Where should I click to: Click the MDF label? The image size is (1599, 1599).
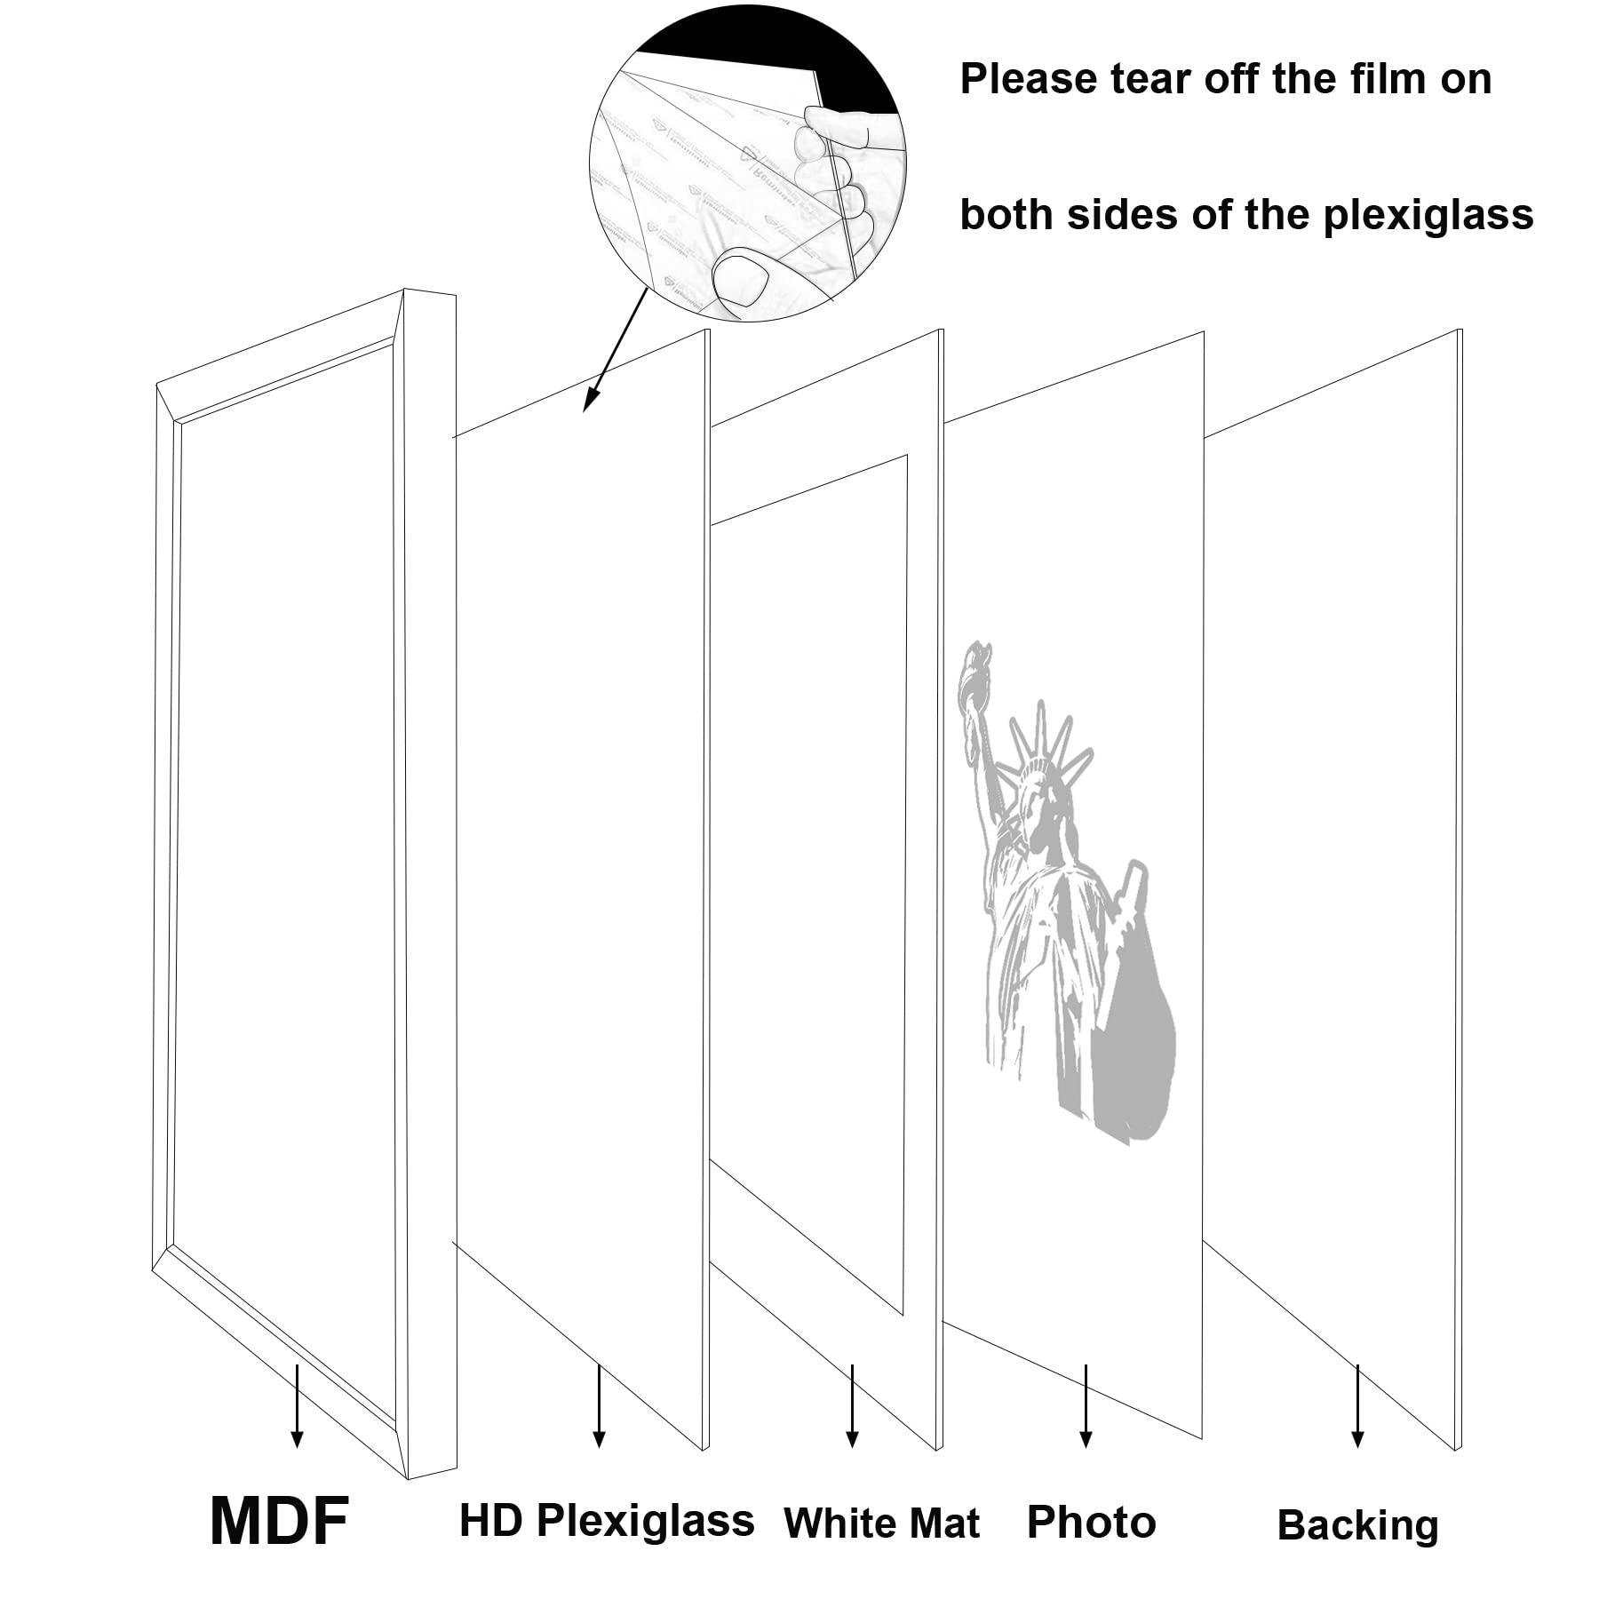(x=279, y=1522)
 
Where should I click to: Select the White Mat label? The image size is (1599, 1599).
(x=881, y=1523)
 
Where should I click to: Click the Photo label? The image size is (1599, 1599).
(x=1091, y=1522)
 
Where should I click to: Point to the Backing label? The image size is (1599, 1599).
(x=1357, y=1525)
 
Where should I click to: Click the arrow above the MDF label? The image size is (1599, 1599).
(x=298, y=1406)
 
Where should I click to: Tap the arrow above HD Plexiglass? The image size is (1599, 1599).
(x=600, y=1406)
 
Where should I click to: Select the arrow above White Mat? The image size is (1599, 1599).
(x=853, y=1406)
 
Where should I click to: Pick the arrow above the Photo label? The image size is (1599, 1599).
(x=1086, y=1406)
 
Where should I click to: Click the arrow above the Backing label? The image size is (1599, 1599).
(x=1357, y=1406)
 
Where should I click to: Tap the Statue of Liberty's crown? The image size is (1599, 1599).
(x=1045, y=746)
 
